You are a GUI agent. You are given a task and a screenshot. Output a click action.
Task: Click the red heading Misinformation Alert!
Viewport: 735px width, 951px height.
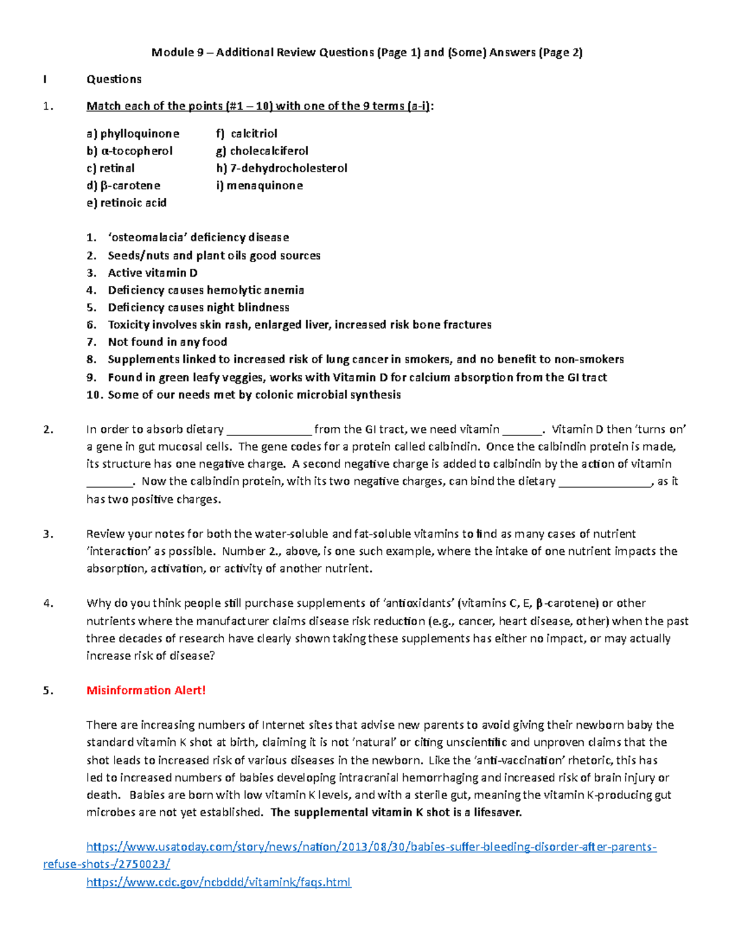point(146,690)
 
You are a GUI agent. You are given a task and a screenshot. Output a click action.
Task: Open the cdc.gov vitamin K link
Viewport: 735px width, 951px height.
point(219,882)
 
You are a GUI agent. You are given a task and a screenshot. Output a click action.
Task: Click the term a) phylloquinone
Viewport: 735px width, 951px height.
point(133,133)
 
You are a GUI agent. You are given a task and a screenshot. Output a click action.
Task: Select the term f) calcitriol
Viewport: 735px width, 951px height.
point(246,133)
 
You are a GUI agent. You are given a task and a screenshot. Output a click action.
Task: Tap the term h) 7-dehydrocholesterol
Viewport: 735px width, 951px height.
point(281,168)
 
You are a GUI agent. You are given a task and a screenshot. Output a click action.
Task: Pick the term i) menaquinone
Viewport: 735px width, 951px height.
point(259,185)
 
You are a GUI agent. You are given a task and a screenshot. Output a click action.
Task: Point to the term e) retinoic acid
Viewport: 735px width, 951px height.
point(126,203)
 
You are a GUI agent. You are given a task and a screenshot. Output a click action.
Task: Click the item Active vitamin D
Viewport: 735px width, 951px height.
point(153,273)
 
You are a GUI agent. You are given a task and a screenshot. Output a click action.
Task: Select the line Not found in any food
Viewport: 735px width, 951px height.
point(167,342)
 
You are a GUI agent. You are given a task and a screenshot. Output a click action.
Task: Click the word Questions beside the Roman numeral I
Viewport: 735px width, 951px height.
point(114,79)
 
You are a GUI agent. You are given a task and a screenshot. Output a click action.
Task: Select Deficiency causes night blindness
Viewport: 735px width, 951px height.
point(198,307)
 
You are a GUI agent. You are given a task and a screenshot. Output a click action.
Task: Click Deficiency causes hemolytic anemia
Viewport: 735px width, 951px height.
point(206,290)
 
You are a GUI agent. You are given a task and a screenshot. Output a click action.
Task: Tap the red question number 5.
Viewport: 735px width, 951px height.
point(48,690)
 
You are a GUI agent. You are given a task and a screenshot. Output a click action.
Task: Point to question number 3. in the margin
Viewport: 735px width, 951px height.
point(48,534)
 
